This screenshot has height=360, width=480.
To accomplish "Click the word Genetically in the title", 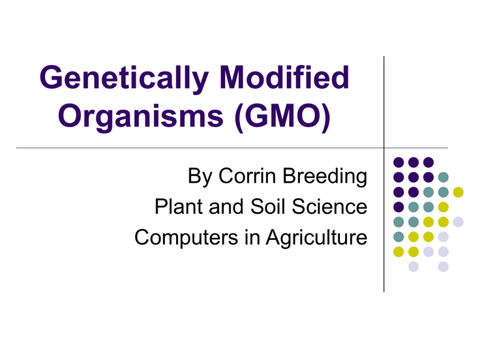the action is (124, 78).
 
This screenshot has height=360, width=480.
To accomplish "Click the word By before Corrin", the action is (200, 177).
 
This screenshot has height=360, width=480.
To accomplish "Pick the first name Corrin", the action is (247, 176).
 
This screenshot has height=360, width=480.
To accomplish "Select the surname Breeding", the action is (325, 177).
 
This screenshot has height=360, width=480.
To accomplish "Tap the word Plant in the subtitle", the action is (179, 207).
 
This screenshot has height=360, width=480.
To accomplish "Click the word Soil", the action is (268, 207).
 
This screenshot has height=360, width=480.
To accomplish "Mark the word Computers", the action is (186, 238).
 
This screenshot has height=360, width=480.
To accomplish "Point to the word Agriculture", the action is (316, 238).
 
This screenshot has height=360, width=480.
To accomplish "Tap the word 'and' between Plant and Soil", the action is (227, 207).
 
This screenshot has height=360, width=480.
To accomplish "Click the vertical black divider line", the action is (384, 174).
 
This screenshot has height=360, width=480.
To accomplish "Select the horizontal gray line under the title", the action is (232, 148).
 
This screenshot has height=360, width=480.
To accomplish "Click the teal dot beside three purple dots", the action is (443, 177).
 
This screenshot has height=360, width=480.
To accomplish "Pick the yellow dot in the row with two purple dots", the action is (458, 192).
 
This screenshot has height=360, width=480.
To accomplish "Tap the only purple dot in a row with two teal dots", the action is (399, 207).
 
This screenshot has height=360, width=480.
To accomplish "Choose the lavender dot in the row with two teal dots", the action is (458, 222).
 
